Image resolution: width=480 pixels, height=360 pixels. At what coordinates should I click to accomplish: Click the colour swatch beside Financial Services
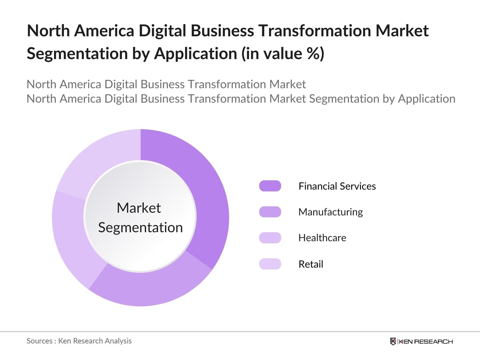[270, 186]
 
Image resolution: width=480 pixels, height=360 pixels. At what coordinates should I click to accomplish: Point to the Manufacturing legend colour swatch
[270, 212]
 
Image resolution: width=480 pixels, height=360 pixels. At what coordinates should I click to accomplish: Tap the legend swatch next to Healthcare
[270, 238]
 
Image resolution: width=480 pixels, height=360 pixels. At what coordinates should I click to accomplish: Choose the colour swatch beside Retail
[270, 264]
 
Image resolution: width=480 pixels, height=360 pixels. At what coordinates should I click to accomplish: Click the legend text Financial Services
[337, 186]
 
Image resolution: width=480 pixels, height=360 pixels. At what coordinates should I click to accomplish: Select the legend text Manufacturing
[330, 212]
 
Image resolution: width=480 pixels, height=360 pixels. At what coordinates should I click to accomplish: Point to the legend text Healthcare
[322, 238]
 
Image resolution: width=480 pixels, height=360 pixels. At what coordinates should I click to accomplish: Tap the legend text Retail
[311, 264]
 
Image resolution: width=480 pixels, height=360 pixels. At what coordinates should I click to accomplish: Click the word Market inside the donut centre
[139, 208]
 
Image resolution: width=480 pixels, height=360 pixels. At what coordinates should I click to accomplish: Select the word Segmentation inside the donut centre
[140, 227]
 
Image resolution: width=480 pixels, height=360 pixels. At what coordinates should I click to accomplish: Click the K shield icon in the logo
[393, 341]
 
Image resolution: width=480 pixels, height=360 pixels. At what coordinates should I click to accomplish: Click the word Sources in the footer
[40, 341]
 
